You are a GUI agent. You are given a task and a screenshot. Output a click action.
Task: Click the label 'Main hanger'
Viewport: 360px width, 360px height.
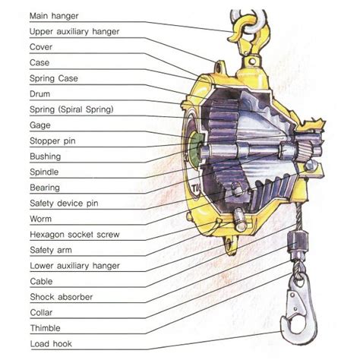(54, 16)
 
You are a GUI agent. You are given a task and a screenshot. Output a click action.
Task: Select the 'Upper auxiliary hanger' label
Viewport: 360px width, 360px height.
(74, 32)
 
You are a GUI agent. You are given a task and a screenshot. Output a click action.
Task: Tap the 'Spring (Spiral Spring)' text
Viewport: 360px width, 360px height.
(71, 109)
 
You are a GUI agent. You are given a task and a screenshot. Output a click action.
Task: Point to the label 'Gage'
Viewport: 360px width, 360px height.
(40, 125)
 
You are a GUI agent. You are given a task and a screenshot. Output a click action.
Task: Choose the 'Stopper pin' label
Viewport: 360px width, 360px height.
(52, 141)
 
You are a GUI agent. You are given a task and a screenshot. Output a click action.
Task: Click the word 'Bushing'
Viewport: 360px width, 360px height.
(46, 156)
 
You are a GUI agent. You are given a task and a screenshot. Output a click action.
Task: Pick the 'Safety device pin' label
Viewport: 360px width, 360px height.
(64, 204)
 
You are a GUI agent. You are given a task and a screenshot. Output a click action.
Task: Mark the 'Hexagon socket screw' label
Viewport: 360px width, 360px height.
(74, 235)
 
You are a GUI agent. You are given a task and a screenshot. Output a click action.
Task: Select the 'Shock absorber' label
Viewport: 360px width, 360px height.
(62, 297)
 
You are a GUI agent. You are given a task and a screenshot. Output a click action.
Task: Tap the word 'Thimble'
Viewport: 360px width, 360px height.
(46, 328)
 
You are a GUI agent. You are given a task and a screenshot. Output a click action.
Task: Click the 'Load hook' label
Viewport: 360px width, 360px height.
(51, 344)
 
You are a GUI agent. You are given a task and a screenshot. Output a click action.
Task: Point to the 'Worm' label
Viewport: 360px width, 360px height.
(40, 219)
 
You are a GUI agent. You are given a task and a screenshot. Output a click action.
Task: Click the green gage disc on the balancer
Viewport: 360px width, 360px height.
(196, 147)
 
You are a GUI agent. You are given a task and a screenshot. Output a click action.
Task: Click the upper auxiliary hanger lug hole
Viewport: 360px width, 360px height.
(218, 68)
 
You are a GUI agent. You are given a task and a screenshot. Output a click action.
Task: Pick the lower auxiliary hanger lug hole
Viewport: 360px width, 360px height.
(230, 244)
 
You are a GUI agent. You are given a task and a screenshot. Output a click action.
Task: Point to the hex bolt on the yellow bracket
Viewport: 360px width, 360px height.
(311, 166)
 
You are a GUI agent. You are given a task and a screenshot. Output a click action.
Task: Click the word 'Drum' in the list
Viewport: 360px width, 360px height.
(39, 94)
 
